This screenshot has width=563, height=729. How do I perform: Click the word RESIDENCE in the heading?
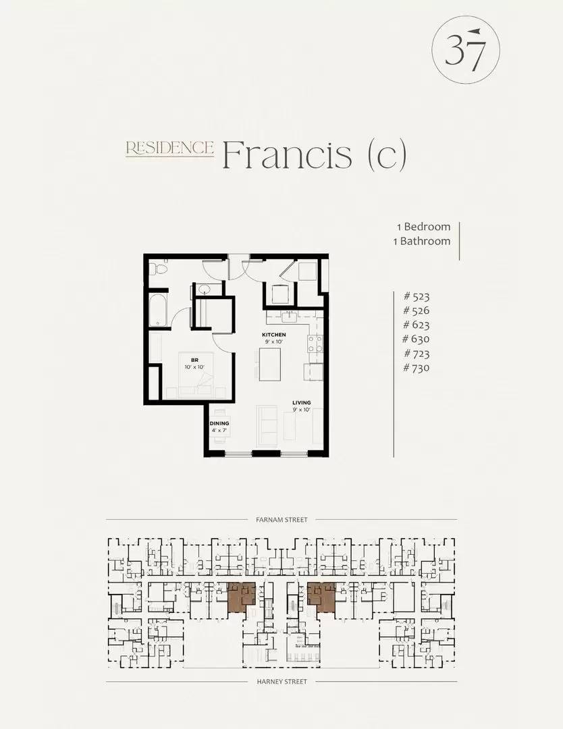pyautogui.click(x=169, y=148)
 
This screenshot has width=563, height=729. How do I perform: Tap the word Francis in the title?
pyautogui.click(x=287, y=154)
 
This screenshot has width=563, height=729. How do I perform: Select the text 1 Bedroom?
pyautogui.click(x=423, y=226)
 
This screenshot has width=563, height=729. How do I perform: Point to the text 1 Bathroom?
pyautogui.click(x=422, y=241)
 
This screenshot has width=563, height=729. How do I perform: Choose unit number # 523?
pyautogui.click(x=417, y=296)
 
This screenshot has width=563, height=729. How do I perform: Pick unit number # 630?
pyautogui.click(x=416, y=339)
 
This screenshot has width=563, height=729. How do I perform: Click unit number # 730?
pyautogui.click(x=416, y=368)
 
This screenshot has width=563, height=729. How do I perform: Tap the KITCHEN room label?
pyautogui.click(x=274, y=335)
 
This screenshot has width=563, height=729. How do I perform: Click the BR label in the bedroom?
pyautogui.click(x=194, y=360)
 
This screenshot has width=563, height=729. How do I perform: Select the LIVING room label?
pyautogui.click(x=301, y=402)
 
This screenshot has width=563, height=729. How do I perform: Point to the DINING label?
pyautogui.click(x=219, y=423)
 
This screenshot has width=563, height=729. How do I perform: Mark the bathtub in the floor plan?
pyautogui.click(x=157, y=310)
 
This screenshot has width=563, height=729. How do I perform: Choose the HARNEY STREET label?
pyautogui.click(x=281, y=682)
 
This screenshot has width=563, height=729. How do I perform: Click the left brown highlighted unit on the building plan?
pyautogui.click(x=241, y=597)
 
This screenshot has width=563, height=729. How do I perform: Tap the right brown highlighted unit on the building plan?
pyautogui.click(x=322, y=597)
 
